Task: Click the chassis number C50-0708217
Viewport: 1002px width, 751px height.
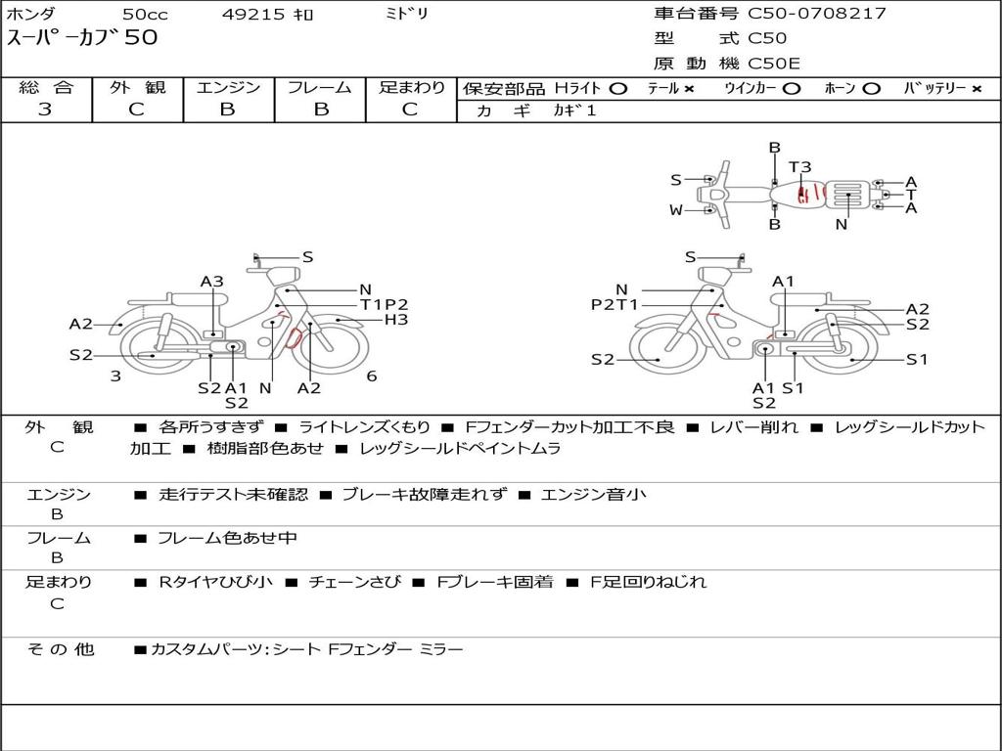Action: pos(817,14)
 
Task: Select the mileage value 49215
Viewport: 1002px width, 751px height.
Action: pos(253,14)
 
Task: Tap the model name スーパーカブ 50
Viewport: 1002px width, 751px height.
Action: pos(82,37)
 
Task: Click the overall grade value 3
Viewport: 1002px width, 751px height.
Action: pos(45,110)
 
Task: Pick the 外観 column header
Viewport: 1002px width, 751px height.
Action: pos(137,87)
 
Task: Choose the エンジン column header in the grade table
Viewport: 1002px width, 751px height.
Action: pos(228,87)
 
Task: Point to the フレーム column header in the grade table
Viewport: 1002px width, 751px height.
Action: pos(320,87)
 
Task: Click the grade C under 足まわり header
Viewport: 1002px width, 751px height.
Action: pos(410,110)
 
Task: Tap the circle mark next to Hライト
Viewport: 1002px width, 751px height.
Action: pos(618,89)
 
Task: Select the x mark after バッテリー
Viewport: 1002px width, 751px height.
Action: pos(977,89)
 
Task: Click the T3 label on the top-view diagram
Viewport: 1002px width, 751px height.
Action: pos(799,166)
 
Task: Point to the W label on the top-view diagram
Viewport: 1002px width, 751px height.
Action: pos(676,209)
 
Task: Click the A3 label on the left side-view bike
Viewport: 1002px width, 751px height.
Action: pos(212,282)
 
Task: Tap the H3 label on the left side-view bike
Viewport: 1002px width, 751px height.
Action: pos(396,320)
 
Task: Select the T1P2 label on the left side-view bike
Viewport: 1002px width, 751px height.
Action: pos(384,305)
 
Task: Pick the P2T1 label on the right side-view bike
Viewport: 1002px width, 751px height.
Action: pos(615,305)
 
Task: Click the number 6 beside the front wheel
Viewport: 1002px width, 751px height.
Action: pos(371,376)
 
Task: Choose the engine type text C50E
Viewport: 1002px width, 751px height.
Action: pos(774,64)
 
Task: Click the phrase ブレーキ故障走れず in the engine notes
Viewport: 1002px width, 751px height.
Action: pos(425,494)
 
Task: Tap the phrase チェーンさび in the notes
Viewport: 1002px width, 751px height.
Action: pos(354,582)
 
